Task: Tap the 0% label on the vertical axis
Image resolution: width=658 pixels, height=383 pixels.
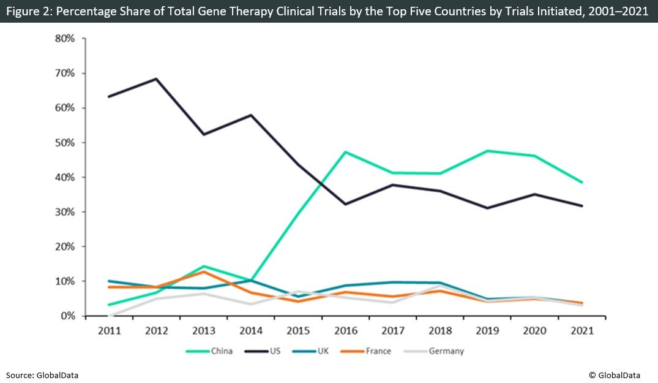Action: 67,316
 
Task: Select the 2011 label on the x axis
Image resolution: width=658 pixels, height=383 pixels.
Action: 108,330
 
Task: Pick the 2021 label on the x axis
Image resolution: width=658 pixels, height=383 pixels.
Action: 582,330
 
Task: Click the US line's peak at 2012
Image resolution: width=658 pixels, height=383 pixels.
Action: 156,78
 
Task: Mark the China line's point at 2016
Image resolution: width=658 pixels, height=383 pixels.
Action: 345,152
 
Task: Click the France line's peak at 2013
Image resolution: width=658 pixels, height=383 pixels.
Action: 203,271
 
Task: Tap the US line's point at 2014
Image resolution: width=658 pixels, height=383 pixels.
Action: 251,115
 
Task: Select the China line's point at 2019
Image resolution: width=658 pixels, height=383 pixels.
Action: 487,151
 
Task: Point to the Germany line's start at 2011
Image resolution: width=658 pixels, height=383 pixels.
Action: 109,316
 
